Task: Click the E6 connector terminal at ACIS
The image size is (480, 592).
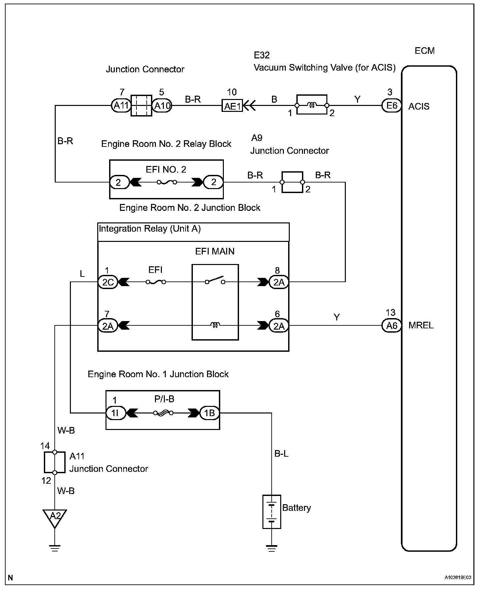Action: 391,106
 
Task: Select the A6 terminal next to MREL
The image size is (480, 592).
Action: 391,326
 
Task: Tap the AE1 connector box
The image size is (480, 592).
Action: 232,106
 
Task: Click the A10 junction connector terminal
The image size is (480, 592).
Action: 162,106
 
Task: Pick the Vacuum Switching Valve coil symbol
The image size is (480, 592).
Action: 312,105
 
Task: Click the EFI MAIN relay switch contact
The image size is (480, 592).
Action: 215,280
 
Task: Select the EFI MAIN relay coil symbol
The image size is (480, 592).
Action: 215,326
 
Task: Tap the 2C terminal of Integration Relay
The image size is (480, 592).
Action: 108,282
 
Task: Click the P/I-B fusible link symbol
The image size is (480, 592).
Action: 164,412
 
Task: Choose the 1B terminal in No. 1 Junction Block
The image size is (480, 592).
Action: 209,412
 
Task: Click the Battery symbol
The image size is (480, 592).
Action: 272,512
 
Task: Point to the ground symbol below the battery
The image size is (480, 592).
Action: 272,548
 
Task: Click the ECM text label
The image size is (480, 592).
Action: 425,51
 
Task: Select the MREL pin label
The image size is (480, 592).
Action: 421,325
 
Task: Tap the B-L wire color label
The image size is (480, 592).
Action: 282,454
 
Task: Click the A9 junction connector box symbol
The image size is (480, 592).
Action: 292,182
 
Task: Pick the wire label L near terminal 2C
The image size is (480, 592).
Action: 82,274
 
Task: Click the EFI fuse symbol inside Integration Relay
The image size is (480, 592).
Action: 156,282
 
